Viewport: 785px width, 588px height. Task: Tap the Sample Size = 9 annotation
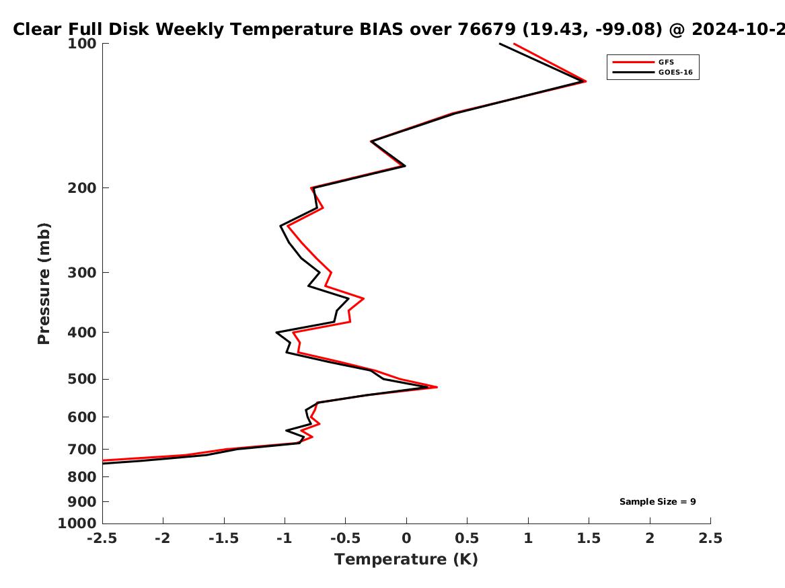(x=657, y=501)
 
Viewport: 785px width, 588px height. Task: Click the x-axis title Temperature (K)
(x=406, y=559)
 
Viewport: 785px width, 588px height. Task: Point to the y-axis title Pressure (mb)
(x=44, y=284)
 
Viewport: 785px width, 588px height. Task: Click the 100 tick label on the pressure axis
(x=82, y=44)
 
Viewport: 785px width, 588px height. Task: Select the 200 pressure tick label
(x=82, y=188)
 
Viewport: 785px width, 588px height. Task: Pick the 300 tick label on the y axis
(x=82, y=273)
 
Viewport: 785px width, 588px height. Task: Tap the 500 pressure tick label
(x=82, y=379)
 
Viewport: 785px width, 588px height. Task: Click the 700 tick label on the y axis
(x=82, y=450)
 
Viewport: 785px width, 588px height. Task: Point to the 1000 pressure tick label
(x=77, y=523)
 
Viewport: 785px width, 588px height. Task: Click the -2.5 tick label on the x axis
(x=102, y=538)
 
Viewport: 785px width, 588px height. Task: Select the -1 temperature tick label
(x=285, y=538)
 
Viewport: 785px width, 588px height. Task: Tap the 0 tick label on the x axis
(x=406, y=538)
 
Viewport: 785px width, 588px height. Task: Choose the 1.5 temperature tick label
(x=589, y=538)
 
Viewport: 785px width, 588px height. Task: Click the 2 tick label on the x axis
(x=650, y=538)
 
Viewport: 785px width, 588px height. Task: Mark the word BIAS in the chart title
(x=381, y=29)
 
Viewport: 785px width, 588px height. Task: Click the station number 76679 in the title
(x=487, y=29)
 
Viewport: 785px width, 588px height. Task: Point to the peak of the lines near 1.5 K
(x=585, y=81)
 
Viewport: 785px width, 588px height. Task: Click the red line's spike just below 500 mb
(x=437, y=387)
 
